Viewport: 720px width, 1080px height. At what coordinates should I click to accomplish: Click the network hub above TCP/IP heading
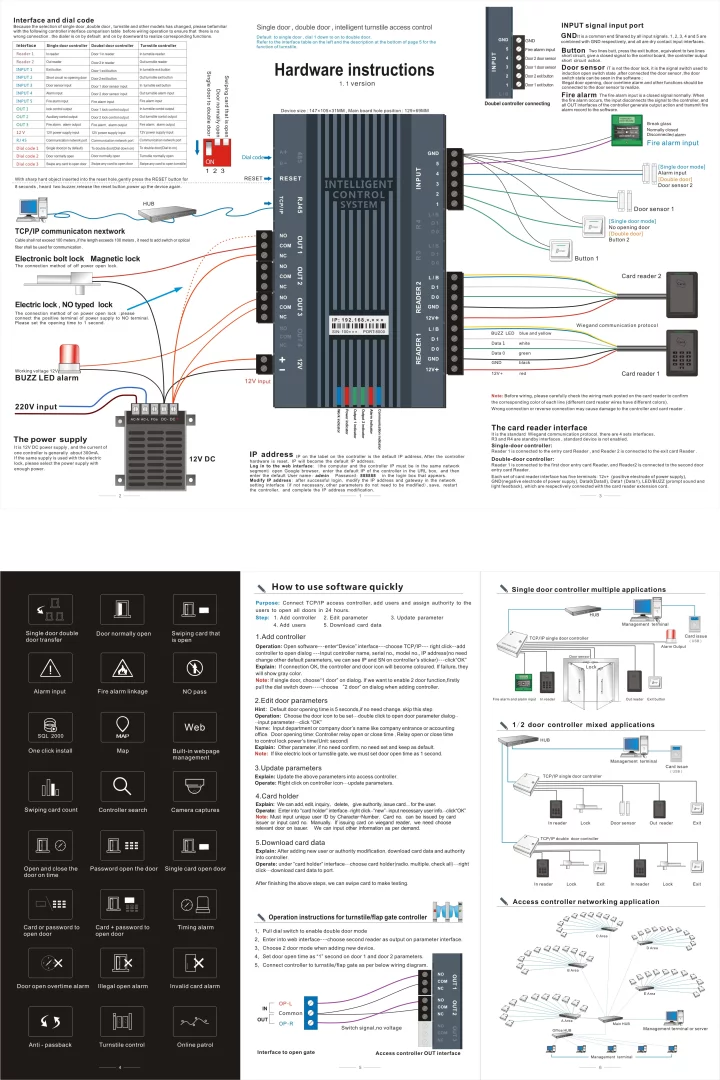pyautogui.click(x=149, y=213)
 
